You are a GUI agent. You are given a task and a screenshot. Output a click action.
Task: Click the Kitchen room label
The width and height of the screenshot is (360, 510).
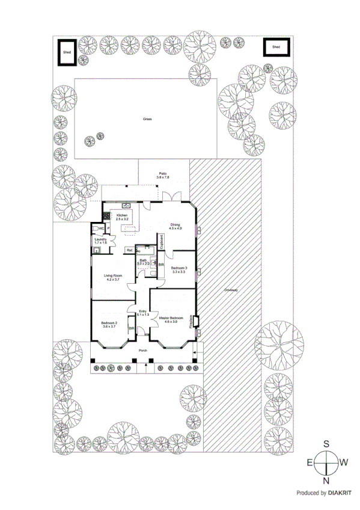point(122,215)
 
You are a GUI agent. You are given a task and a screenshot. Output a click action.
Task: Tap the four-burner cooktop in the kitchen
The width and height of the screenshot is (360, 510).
point(106,216)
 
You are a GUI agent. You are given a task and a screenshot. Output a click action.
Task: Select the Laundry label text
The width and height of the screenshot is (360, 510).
point(100,239)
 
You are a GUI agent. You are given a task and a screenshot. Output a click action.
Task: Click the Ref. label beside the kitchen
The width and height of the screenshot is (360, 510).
point(129,250)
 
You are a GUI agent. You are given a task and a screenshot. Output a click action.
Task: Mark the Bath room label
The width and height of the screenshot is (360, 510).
point(143,260)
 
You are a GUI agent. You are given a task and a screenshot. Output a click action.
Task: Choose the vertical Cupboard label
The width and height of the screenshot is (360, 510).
point(160,241)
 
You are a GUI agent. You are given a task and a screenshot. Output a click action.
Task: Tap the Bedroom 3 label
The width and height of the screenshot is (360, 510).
point(179,268)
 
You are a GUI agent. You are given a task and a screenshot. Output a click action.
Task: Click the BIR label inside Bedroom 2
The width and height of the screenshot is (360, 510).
point(130,328)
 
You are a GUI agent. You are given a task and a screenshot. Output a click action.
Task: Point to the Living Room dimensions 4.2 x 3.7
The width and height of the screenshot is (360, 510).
point(113,280)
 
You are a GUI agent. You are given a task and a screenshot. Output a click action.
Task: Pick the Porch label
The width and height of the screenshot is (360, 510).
point(143,350)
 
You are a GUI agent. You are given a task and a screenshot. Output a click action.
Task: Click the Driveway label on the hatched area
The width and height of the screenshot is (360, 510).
point(232,290)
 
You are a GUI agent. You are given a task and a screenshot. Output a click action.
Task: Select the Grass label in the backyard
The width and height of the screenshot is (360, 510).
point(147,119)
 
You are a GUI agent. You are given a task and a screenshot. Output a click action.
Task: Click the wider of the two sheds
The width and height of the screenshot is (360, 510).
point(276,47)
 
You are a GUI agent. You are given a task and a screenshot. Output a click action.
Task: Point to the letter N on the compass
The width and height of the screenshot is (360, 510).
point(326,481)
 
